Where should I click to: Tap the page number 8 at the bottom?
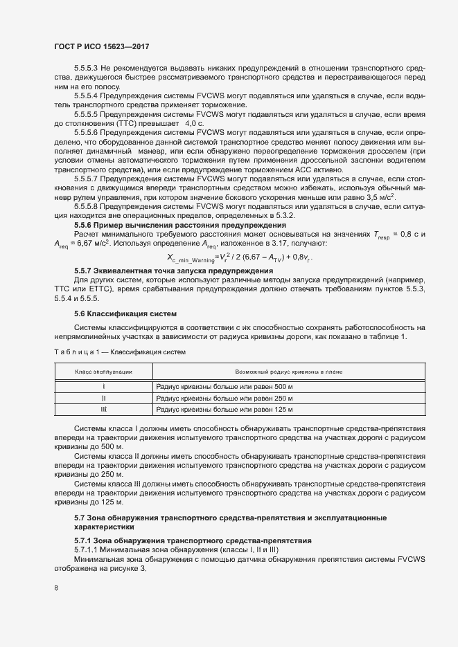[x=56, y=588]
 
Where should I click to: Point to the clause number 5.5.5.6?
[x=86, y=131]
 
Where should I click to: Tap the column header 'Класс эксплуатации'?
[x=103, y=372]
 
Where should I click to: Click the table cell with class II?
[x=103, y=399]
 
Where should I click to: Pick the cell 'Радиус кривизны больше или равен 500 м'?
[x=224, y=387]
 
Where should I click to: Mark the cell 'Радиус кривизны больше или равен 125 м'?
[x=224, y=410]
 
